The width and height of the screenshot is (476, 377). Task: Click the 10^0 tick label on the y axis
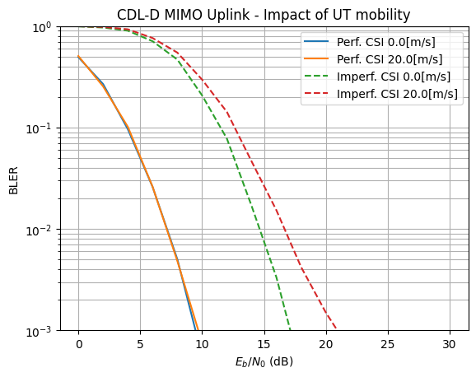(x=41, y=27)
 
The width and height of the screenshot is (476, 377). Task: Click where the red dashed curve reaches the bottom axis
(x=336, y=330)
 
